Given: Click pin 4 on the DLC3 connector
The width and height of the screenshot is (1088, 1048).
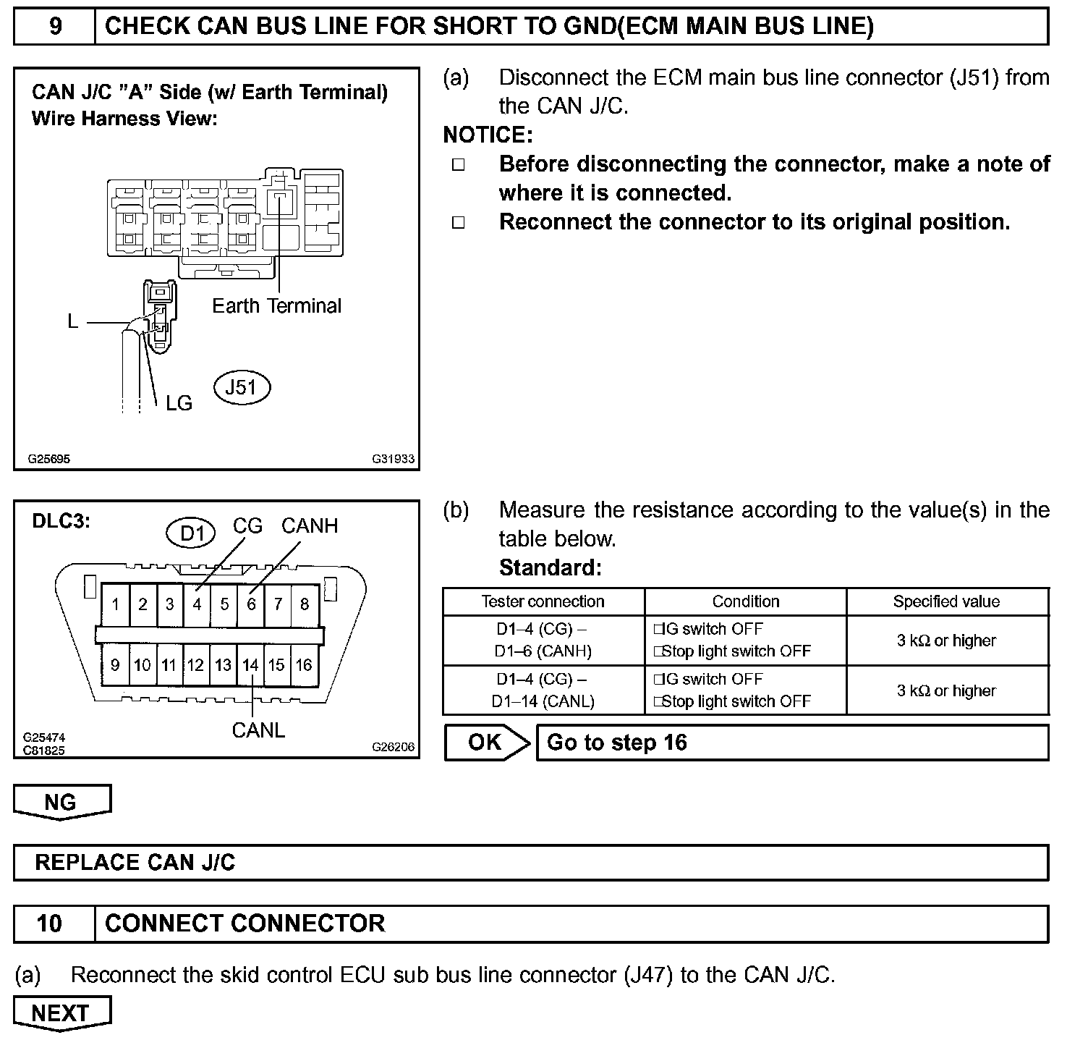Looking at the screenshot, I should (x=197, y=604).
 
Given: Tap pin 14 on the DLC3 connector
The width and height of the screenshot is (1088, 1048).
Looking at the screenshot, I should (x=250, y=664).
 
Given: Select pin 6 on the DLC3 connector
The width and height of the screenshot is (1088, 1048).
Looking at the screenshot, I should (x=251, y=604).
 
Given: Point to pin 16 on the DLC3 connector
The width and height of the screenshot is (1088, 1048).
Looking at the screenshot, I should (x=304, y=664).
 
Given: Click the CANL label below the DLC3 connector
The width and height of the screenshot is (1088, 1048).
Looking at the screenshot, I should (x=258, y=730).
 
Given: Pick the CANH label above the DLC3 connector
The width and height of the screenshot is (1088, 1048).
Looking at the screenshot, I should (x=310, y=525).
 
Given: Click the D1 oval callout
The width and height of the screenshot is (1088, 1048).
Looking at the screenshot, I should (x=192, y=533).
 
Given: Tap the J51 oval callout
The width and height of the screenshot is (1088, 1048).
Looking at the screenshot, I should (x=242, y=387).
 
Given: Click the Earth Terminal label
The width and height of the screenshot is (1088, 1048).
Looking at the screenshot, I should (x=276, y=306).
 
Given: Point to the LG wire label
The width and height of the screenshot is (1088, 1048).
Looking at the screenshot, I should (x=179, y=403).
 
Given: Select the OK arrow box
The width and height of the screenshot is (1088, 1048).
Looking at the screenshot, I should (x=485, y=743).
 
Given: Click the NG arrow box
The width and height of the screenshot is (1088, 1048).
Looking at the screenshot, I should (x=61, y=802).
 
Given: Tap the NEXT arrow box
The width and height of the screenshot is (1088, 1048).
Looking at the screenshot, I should (x=61, y=1013).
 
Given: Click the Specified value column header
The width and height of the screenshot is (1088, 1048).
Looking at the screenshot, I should (x=946, y=601).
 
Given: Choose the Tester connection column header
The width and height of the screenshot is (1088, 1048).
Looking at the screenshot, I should (x=543, y=601).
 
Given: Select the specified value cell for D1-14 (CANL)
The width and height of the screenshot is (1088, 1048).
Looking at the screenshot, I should (x=946, y=690).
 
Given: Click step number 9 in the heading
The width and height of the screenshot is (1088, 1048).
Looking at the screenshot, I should (x=55, y=27).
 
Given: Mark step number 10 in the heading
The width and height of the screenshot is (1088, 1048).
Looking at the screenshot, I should (x=50, y=924).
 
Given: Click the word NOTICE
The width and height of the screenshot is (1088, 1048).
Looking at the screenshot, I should (x=488, y=135).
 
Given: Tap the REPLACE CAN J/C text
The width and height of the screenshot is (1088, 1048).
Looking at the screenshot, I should (x=135, y=863).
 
